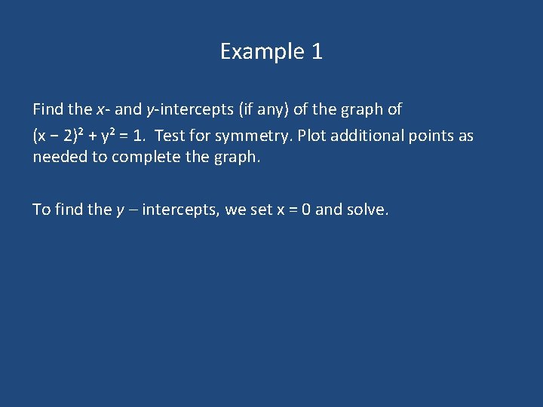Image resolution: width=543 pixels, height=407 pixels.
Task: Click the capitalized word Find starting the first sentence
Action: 48,109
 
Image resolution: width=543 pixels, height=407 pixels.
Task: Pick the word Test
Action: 171,136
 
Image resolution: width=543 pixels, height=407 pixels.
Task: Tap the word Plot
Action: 313,136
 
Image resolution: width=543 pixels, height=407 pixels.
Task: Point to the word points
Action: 431,136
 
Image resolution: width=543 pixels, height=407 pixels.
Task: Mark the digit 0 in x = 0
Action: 305,210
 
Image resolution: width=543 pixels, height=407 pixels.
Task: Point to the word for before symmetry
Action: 200,136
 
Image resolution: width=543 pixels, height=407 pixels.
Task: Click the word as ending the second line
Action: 466,136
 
